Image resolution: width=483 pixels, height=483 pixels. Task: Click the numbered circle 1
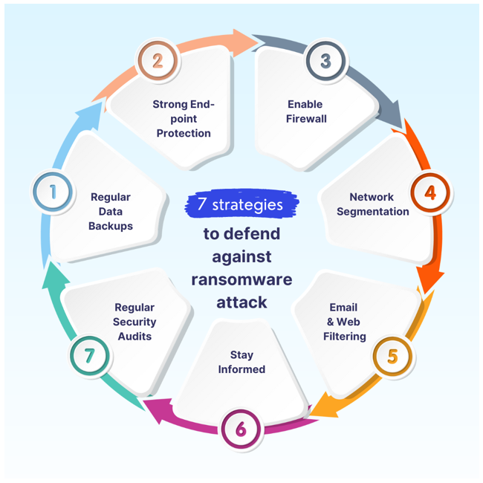tap(53, 192)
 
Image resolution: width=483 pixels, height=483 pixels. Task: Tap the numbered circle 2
tap(158, 59)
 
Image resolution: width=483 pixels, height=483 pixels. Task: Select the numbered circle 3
tap(325, 61)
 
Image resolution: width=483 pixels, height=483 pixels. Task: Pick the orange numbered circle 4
tap(429, 192)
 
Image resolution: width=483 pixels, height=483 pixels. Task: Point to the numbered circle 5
tap(392, 356)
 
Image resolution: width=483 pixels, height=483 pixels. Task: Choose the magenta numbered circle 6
tap(241, 429)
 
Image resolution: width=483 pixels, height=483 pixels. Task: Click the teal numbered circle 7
tap(89, 355)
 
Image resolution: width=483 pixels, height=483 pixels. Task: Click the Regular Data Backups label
tap(110, 211)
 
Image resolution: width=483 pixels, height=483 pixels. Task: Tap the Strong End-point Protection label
tap(184, 119)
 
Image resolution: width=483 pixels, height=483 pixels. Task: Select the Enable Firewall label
tap(306, 111)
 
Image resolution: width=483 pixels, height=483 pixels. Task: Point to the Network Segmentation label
tap(372, 204)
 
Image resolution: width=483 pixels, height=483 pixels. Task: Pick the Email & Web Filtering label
tap(344, 322)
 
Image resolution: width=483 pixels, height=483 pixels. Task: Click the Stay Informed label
tap(241, 362)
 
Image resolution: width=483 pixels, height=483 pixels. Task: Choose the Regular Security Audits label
tap(134, 322)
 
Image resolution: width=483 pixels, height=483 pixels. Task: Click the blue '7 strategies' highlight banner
tap(241, 204)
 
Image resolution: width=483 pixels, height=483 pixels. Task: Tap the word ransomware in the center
tap(241, 279)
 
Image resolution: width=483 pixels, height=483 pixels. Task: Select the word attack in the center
tap(241, 302)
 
